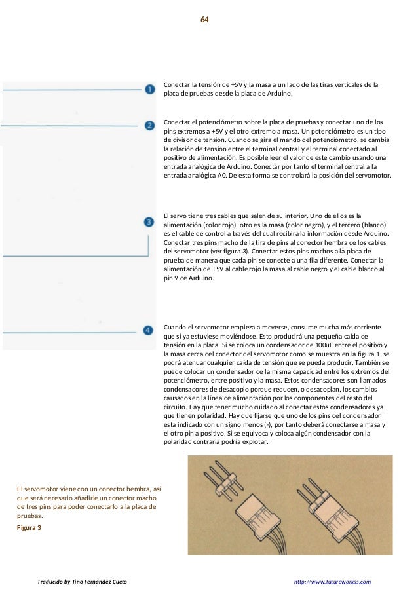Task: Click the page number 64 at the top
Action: pyautogui.click(x=204, y=20)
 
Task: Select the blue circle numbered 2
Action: pyautogui.click(x=149, y=124)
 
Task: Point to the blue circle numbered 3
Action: pyautogui.click(x=149, y=223)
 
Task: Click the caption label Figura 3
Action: pyautogui.click(x=29, y=527)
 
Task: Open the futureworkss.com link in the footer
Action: pyautogui.click(x=333, y=582)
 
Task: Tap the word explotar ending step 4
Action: pyautogui.click(x=256, y=442)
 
